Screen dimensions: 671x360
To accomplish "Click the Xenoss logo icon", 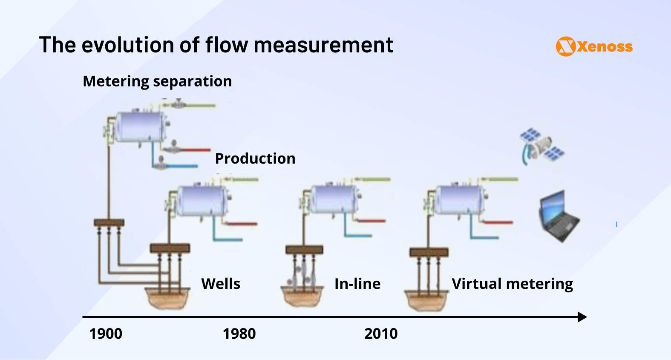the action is pos(566,46).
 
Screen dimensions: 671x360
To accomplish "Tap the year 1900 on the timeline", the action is pos(106,334).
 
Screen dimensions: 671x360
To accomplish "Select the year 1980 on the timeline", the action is pos(239,334).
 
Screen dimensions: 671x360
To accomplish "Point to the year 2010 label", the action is pos(381,334).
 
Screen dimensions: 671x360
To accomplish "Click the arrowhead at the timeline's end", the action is pos(582,317).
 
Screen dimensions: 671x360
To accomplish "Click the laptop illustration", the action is pos(559,216).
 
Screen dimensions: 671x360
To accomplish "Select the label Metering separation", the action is pos(157,81).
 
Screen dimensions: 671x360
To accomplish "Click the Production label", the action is pos(255,158).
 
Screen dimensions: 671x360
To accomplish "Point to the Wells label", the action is pos(221,284).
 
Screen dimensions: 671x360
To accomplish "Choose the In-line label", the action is pos(357,284).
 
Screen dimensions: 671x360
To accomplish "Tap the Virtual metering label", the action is pos(512,284).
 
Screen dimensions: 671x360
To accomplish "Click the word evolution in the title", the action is pos(128,45).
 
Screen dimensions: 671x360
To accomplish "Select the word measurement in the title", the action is pos(323,45).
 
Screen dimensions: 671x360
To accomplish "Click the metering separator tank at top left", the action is pos(141,127).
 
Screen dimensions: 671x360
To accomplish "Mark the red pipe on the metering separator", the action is pos(195,150).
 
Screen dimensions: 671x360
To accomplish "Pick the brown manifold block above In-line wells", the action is pos(304,250).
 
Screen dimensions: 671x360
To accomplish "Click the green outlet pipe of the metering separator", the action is pos(200,105).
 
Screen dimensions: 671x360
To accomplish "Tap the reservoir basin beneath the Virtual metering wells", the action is pos(426,300).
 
